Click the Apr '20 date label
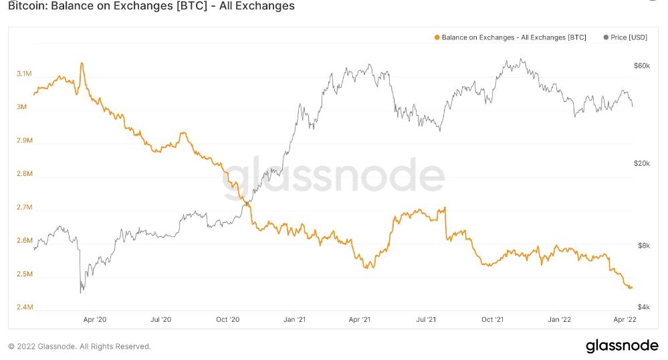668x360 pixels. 94,320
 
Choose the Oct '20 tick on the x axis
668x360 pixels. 227,320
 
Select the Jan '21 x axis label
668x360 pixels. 294,320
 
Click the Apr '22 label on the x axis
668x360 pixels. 625,320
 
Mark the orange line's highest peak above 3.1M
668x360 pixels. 82,64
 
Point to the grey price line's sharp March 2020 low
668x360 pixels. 81,292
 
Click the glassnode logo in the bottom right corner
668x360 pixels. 621,346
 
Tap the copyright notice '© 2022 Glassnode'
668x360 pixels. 80,347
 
